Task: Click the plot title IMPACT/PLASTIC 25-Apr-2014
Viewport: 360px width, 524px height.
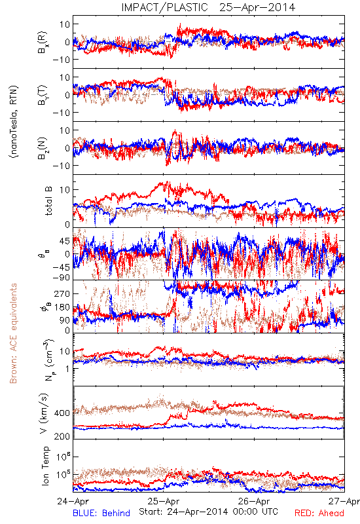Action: (208, 7)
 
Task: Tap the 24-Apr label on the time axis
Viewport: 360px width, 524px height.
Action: (73, 501)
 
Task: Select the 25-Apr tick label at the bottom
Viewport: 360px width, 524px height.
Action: (163, 501)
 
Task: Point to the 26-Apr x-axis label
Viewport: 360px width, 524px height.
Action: (254, 501)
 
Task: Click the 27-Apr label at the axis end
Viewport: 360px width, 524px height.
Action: (344, 501)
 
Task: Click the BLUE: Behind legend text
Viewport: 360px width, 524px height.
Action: (101, 513)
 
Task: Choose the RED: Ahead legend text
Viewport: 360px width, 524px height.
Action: (319, 513)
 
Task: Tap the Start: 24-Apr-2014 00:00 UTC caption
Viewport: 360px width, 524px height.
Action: (208, 512)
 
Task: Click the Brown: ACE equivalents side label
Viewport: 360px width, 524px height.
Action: (13, 333)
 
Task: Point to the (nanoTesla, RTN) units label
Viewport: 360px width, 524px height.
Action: (14, 122)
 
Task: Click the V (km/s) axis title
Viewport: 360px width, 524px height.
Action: (44, 413)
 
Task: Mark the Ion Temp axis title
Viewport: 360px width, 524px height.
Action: (45, 466)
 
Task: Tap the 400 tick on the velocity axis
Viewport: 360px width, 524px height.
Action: (62, 413)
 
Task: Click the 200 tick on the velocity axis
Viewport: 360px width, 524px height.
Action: (62, 436)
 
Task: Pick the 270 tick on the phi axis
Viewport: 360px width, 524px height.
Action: (62, 293)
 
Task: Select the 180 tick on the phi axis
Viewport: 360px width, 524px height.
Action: (62, 307)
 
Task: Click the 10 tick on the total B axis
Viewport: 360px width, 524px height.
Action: (65, 190)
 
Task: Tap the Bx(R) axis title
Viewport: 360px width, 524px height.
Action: (43, 43)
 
